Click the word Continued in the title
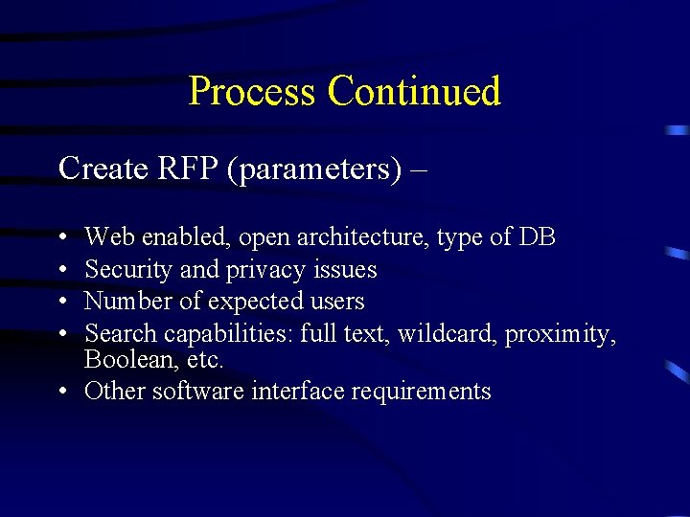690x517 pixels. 413,91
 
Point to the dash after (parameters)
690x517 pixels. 418,169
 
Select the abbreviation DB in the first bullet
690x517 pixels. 538,236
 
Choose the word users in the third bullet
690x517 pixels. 336,301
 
